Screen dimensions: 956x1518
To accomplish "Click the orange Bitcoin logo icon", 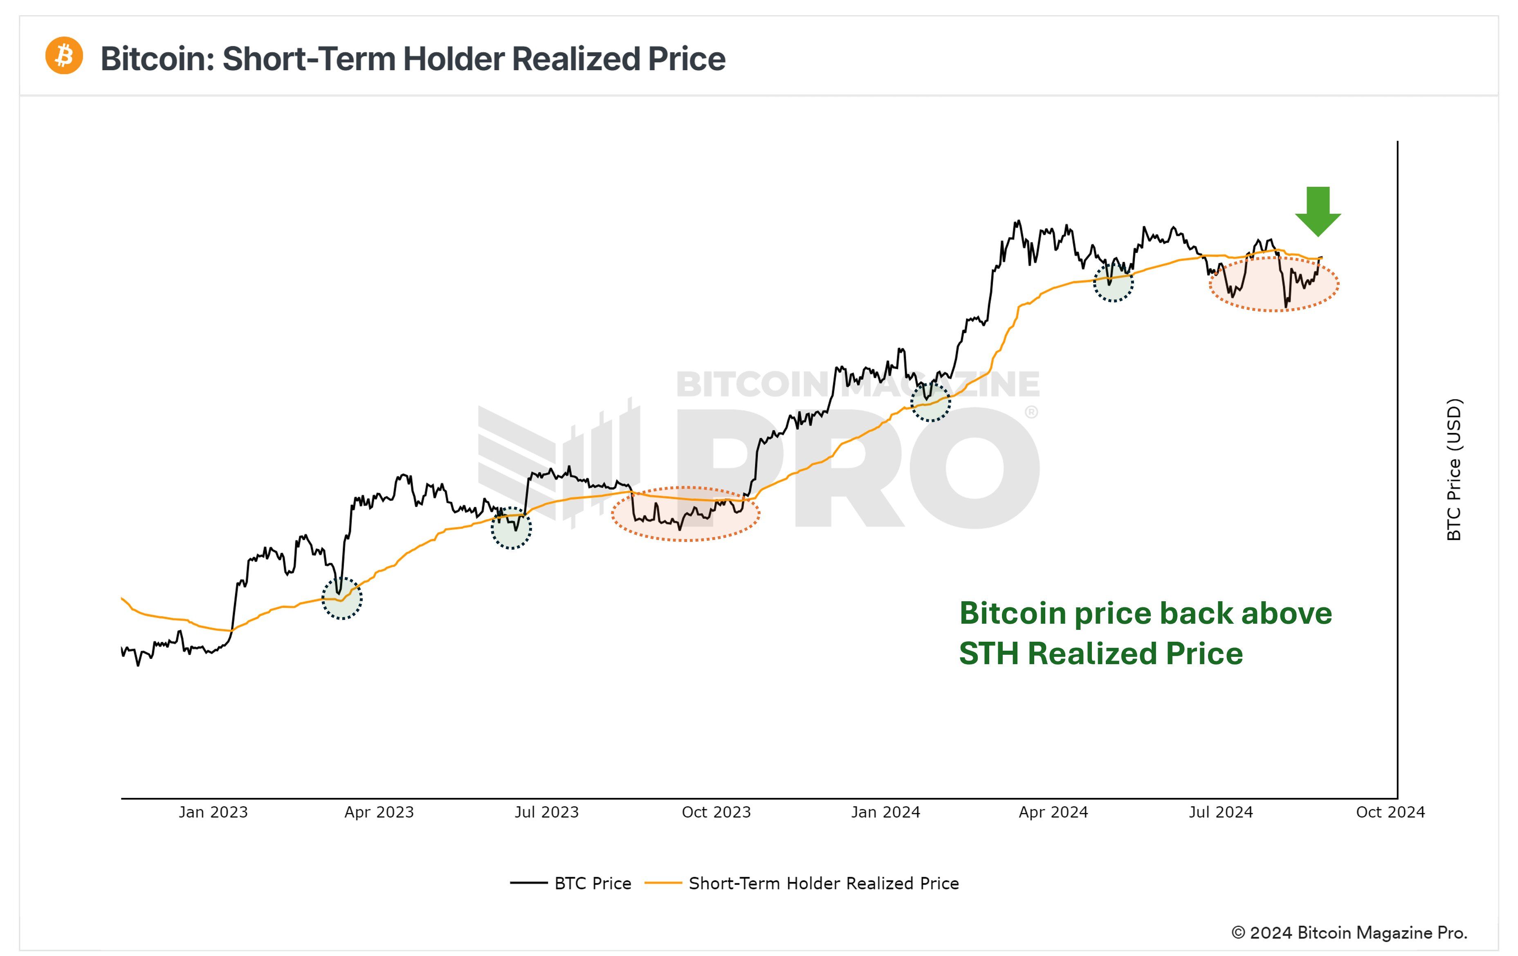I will (64, 56).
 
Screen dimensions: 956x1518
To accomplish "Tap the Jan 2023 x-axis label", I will (213, 812).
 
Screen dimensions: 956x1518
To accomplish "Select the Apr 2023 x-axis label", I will (379, 812).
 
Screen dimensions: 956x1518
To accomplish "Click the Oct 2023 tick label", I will (716, 812).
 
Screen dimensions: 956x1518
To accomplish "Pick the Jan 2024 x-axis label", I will (885, 812).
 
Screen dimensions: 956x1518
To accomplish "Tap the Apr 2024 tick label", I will (1053, 812).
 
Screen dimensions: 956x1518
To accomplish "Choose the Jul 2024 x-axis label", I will (1220, 812).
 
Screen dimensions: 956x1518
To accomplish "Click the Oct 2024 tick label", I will (1390, 812).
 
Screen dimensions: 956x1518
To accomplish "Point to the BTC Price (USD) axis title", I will (1453, 470).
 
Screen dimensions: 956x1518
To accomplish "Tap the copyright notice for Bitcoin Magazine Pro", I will (1350, 933).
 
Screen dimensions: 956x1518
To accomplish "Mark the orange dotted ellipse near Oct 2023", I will (685, 514).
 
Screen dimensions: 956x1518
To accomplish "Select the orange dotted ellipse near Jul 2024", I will (1273, 284).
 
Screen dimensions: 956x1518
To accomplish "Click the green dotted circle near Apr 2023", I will (342, 598).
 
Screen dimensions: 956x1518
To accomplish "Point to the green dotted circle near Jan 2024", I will (930, 402).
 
